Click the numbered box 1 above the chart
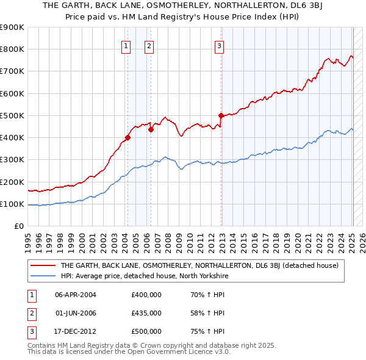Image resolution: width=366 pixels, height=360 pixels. [126, 45]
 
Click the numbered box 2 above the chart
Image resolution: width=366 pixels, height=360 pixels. [149, 45]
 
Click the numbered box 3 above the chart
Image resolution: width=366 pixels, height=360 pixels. [219, 45]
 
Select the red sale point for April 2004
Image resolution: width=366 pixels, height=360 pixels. [127, 137]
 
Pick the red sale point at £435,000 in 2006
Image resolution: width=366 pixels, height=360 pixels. [151, 129]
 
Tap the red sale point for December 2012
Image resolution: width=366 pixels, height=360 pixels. [221, 115]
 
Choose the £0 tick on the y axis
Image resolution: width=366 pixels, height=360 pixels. [19, 226]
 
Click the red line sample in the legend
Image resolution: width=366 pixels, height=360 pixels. [43, 265]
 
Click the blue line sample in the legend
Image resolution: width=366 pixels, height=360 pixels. [43, 276]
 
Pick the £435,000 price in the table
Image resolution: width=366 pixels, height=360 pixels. [146, 313]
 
